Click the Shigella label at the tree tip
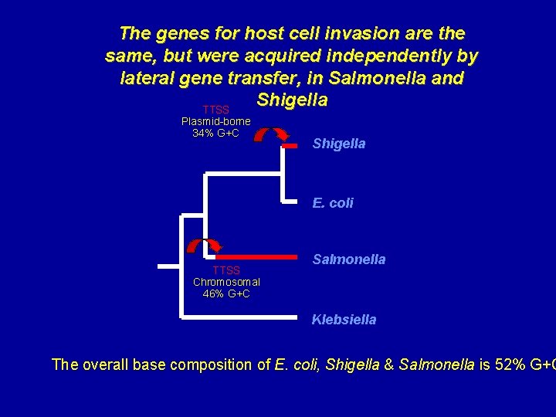[338, 144]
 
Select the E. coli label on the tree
[333, 203]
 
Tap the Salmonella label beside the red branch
[348, 260]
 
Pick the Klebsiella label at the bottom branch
[344, 320]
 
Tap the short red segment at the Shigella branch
[290, 144]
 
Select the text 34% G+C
[215, 133]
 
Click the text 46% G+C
[226, 293]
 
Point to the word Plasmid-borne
[215, 121]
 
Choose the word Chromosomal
[226, 282]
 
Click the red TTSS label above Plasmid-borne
[215, 110]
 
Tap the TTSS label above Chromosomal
[226, 270]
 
